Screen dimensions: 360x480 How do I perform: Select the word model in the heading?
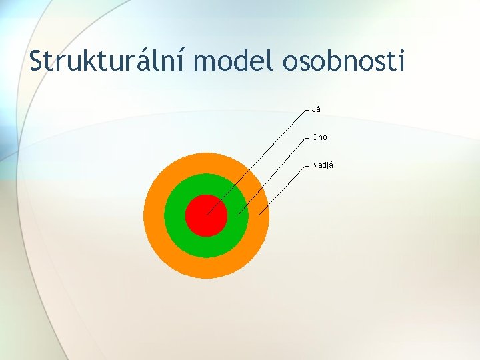(x=235, y=61)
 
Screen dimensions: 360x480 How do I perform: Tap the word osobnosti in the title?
(x=344, y=61)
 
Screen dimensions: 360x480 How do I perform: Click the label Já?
(x=317, y=109)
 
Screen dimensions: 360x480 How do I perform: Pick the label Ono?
(x=319, y=137)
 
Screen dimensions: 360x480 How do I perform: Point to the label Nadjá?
(x=323, y=165)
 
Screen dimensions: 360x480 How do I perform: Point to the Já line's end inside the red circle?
(x=207, y=214)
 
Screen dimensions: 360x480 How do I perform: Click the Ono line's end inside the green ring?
(x=239, y=215)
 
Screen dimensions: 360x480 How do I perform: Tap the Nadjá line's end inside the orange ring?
(x=259, y=214)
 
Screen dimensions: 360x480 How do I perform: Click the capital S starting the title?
(x=37, y=61)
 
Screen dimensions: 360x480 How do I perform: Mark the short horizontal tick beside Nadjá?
(x=306, y=165)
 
